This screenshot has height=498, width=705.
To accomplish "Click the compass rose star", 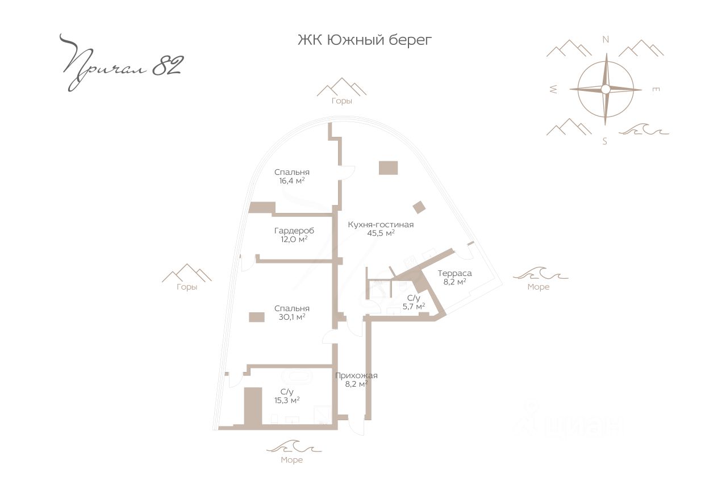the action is coord(606,89).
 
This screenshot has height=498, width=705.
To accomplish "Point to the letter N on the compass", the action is coord(606,39).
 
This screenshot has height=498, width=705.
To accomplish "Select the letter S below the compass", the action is coord(605,141).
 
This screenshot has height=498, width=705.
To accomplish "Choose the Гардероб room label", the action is coord(294,231).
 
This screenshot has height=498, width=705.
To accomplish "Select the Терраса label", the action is coord(454,273).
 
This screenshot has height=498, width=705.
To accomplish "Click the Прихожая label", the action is coord(356,375).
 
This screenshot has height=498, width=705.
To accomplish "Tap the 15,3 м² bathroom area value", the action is coord(286,400).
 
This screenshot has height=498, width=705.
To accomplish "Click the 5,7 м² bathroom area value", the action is coord(413,306).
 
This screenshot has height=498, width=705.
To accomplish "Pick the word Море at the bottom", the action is coord(291,460).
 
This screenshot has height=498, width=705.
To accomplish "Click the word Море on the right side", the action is coord(538,287).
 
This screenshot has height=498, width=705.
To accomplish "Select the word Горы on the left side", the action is coord(186,287).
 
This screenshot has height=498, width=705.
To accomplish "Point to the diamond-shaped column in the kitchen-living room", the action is coord(419,208).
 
